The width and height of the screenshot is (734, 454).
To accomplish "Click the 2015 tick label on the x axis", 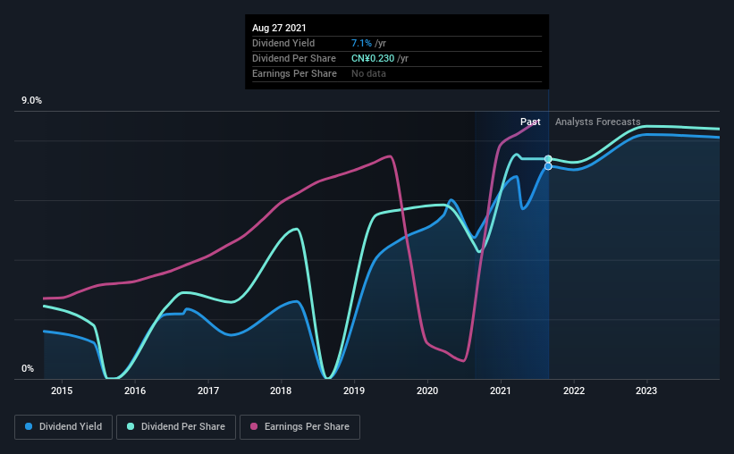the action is pos(62,391).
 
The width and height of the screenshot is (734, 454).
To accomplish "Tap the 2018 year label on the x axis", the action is pos(281,391).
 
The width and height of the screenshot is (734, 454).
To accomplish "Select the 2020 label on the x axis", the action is pos(427,391).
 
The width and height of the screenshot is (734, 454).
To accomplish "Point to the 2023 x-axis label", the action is pos(646,391).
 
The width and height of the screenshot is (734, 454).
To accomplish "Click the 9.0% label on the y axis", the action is pos(31,101).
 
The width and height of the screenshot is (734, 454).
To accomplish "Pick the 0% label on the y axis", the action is pos(28,369).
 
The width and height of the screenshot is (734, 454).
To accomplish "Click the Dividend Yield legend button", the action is pos(63,427).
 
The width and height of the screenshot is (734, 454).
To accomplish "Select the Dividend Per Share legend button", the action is pos(176,427).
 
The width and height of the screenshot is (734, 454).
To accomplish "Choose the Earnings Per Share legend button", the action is pos(300,427).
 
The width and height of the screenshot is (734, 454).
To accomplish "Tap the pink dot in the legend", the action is pos(254,426).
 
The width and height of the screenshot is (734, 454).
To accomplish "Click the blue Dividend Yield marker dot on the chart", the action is pos(548,166).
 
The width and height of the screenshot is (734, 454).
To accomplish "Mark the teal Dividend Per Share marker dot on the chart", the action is pos(548,159).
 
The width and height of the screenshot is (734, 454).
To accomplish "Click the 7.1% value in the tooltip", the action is pos(361,44).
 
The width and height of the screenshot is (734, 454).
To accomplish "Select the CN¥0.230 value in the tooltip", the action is pos(373,58).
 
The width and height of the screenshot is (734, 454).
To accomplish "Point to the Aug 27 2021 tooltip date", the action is pos(279,28).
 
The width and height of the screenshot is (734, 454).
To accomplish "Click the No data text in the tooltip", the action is pos(369,73).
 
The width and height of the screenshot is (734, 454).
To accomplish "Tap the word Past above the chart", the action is pos(530,122).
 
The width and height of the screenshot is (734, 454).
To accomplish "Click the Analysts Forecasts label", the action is pos(598,122).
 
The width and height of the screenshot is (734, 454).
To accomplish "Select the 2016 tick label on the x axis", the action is pos(135,391).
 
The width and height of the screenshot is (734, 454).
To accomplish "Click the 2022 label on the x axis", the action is pos(574,391).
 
